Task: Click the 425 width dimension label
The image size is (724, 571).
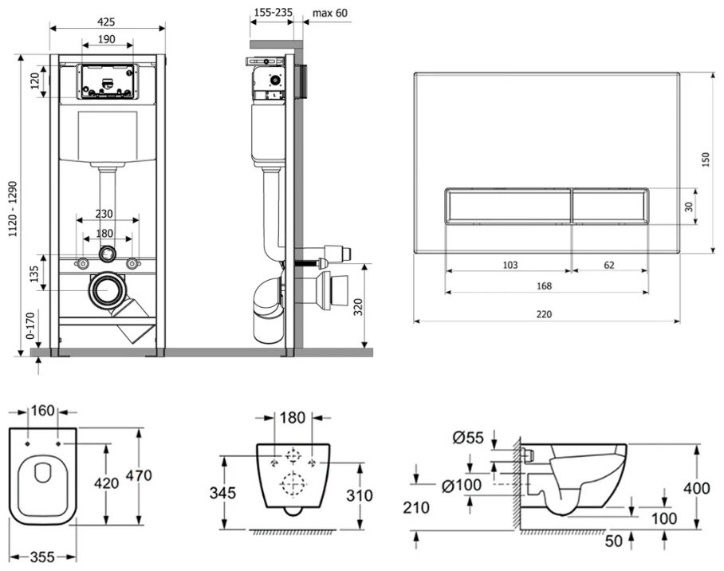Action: [106, 22]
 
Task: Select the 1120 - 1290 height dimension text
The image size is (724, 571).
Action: [13, 209]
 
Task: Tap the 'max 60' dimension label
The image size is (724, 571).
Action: [329, 13]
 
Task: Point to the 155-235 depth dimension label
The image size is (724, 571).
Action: [273, 13]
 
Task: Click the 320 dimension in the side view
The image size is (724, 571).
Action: [358, 307]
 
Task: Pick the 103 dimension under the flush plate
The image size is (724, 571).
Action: [510, 265]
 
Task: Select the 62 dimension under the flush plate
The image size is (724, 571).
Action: [609, 265]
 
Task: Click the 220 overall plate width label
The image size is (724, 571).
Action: [544, 314]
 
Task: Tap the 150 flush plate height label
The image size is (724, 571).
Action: [705, 159]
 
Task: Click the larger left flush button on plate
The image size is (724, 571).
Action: [509, 206]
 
